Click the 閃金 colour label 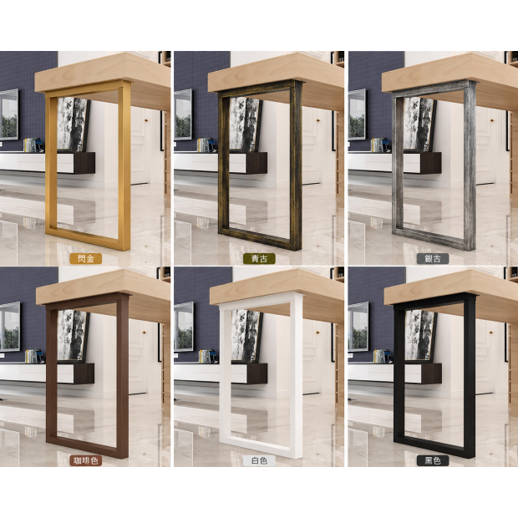click(x=86, y=259)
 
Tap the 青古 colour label click(x=259, y=259)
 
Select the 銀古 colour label click(x=433, y=259)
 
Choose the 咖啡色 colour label click(x=85, y=460)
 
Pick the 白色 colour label click(x=259, y=460)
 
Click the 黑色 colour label click(x=433, y=460)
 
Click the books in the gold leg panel click(x=33, y=145)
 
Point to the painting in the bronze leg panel click(x=246, y=124)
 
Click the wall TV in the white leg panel click(x=183, y=327)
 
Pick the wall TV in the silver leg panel click(x=357, y=114)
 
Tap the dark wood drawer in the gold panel click(x=84, y=163)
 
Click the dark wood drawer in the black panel click(x=431, y=373)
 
